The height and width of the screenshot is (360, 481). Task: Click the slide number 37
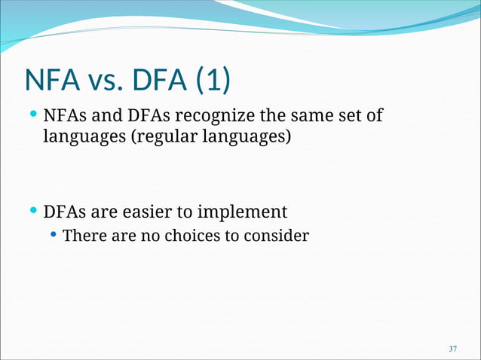point(452,349)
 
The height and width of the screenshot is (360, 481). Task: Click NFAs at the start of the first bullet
point(64,117)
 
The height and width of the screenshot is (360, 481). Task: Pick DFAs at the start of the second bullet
point(64,212)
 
